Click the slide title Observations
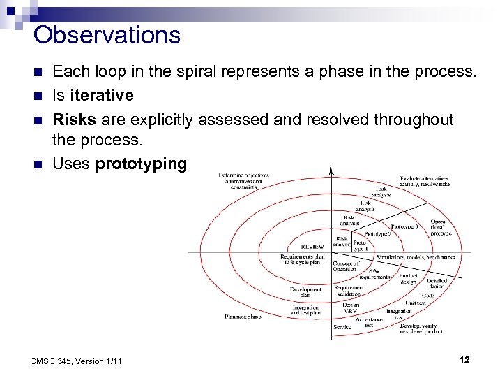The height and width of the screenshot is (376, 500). (x=106, y=34)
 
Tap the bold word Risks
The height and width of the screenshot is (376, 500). (x=74, y=120)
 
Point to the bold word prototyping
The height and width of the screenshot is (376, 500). (x=141, y=164)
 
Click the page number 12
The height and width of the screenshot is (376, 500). (x=464, y=359)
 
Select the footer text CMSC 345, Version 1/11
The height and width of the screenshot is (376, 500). (x=77, y=361)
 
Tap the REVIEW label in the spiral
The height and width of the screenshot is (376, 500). (x=312, y=246)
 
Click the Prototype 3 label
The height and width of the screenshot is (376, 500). (x=404, y=226)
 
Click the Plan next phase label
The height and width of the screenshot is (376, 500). (x=243, y=317)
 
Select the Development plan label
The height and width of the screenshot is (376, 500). (x=305, y=292)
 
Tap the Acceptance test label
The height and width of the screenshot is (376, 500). (x=369, y=322)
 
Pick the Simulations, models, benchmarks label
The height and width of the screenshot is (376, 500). (x=415, y=257)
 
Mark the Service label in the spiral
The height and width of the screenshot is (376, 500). (x=342, y=326)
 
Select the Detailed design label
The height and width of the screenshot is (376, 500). (x=436, y=283)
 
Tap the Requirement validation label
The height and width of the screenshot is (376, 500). (x=349, y=291)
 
